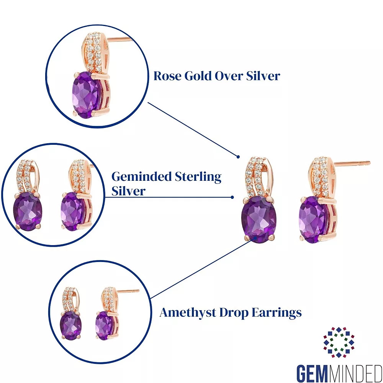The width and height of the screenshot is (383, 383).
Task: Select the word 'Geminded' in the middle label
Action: pyautogui.click(x=142, y=176)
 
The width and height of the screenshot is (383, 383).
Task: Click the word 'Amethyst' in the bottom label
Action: pyautogui.click(x=188, y=313)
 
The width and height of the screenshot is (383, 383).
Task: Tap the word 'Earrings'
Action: pyautogui.click(x=277, y=313)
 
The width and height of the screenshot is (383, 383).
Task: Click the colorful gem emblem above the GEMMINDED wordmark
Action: pyautogui.click(x=339, y=342)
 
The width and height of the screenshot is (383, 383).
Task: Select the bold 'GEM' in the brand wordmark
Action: pyautogui.click(x=313, y=373)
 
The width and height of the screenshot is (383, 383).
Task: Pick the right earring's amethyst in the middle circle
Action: pyautogui.click(x=73, y=211)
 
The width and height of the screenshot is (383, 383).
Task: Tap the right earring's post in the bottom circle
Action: pyautogui.click(x=129, y=291)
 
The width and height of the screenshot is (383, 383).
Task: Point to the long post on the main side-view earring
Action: pyautogui.click(x=352, y=163)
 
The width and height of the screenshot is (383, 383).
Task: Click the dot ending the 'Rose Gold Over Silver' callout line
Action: pyautogui.click(x=238, y=157)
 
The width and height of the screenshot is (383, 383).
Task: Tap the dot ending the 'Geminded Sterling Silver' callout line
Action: pyautogui.click(x=232, y=197)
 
